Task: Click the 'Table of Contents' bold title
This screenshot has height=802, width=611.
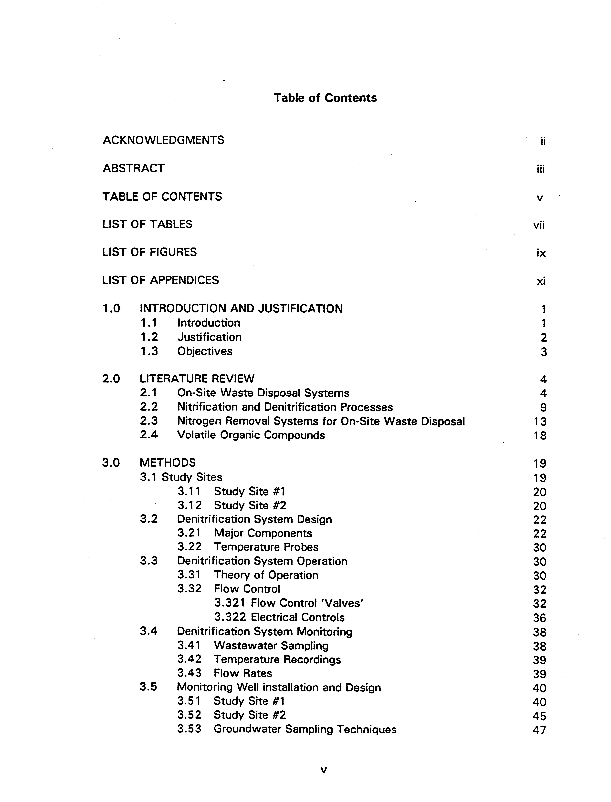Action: (325, 98)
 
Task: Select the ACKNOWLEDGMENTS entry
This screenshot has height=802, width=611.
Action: (163, 140)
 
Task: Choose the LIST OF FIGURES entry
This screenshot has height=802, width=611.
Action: (149, 252)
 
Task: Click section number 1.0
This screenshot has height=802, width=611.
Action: (111, 309)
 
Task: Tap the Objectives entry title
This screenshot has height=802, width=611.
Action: (205, 351)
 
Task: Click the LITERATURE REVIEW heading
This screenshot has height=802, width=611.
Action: (197, 379)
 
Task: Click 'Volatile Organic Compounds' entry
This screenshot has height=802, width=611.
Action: (251, 435)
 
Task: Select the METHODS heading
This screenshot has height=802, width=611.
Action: (168, 463)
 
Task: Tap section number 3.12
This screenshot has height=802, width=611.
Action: (189, 505)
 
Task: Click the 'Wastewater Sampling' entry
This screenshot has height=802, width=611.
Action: (271, 646)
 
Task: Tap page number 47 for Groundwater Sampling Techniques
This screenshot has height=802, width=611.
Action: (539, 730)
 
